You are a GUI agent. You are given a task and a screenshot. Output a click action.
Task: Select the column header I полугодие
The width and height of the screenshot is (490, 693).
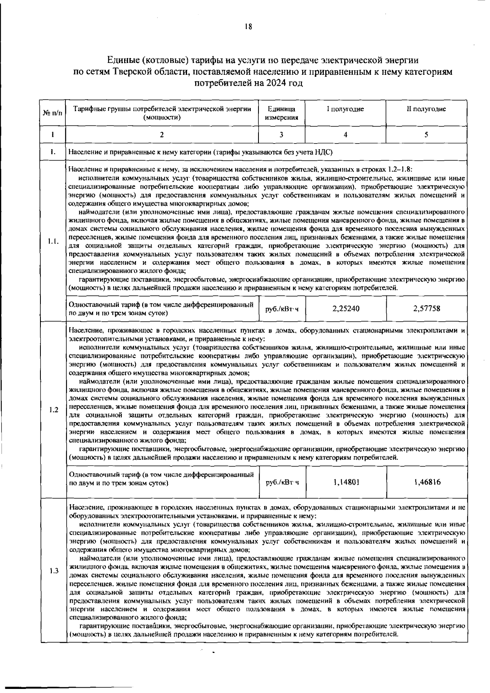345,109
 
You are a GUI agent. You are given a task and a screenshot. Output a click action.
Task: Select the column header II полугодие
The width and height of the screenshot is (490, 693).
426,109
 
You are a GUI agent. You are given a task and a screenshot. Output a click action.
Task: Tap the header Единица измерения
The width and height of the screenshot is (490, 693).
281,113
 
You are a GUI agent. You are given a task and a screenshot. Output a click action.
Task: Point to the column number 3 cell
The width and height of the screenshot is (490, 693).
281,135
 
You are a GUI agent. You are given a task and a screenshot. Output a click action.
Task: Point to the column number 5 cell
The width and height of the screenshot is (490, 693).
426,135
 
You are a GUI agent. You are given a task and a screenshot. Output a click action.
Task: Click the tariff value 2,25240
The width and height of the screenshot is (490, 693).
345,308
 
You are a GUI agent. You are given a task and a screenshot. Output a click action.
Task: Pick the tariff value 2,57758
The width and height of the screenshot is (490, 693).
426,308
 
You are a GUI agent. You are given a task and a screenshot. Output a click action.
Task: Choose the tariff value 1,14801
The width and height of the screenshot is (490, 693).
345,482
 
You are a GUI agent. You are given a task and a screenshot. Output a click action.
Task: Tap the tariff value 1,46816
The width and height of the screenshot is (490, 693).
426,482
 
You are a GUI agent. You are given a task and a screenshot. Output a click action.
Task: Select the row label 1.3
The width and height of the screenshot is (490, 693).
53,571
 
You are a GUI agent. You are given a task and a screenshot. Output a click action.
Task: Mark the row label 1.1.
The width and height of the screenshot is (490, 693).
53,241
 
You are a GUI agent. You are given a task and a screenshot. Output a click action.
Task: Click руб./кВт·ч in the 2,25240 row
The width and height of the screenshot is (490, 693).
282,309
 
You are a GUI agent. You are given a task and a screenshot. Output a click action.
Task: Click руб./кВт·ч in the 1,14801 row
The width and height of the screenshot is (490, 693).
282,483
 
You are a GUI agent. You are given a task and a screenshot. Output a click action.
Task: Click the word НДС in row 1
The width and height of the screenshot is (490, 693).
323,152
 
